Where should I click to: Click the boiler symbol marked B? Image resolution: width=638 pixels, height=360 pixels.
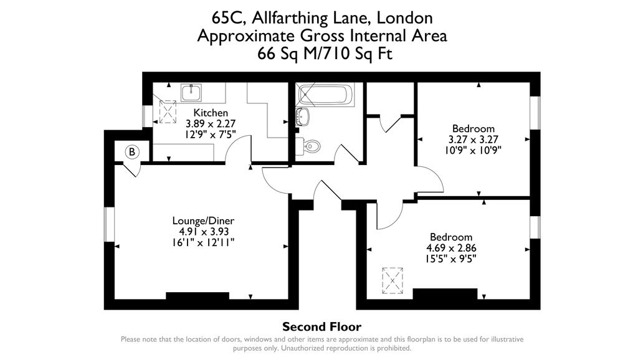[132, 151]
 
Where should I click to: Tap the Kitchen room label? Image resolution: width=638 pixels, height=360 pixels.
[211, 113]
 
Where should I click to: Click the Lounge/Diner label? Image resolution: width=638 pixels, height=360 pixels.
[203, 221]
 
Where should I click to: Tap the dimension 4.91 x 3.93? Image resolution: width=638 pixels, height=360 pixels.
[203, 232]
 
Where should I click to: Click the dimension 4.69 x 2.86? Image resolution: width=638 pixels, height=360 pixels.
[451, 248]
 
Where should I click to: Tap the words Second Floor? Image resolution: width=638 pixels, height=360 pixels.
[321, 327]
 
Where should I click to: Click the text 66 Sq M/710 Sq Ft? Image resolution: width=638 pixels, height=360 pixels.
[321, 54]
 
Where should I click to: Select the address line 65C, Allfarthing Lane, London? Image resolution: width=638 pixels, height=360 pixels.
[321, 18]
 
